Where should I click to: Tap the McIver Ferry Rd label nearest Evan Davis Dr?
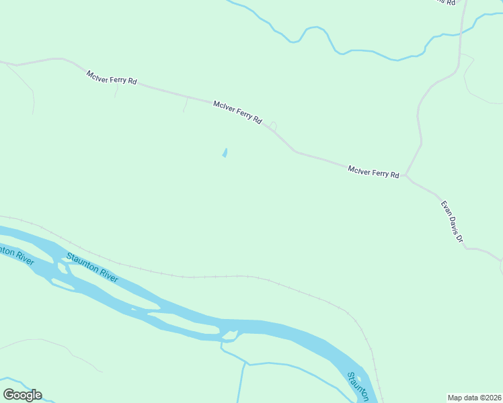373,172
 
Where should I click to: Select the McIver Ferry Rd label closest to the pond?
237,111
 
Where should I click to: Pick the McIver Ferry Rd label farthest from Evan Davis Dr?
112,77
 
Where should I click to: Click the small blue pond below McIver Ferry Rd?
225,153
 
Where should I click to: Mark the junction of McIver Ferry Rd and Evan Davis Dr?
405,176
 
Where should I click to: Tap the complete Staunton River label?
91,267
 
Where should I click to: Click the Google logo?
22,395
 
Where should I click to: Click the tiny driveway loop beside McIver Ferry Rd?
273,126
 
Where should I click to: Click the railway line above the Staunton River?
202,276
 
